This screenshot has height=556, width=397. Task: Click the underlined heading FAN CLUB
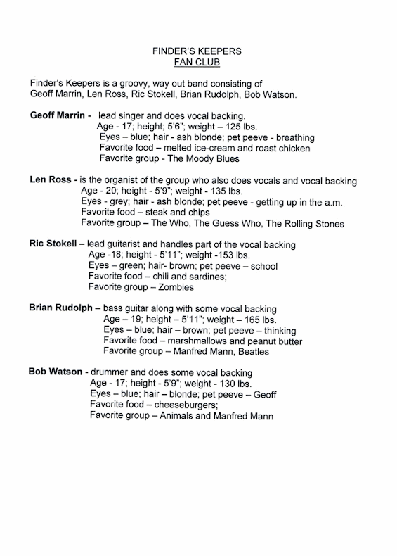pyautogui.click(x=198, y=63)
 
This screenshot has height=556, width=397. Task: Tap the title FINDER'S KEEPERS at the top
pyautogui.click(x=198, y=51)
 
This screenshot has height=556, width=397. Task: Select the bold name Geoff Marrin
pyautogui.click(x=58, y=114)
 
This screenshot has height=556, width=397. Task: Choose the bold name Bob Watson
pyautogui.click(x=57, y=372)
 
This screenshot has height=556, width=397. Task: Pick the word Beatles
pyautogui.click(x=268, y=351)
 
